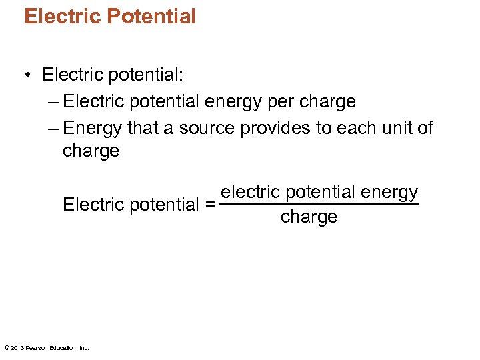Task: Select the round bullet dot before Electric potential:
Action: (x=27, y=75)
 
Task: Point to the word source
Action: (x=209, y=128)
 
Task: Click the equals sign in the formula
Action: (x=210, y=205)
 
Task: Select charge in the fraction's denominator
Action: (x=309, y=217)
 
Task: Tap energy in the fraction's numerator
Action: (x=389, y=193)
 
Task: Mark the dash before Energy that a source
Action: (x=53, y=128)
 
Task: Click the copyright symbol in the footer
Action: (x=6, y=347)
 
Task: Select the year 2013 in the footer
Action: (x=17, y=347)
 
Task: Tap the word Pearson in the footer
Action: (x=36, y=347)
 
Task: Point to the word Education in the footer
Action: (x=63, y=347)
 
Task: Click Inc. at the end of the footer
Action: (x=84, y=347)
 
